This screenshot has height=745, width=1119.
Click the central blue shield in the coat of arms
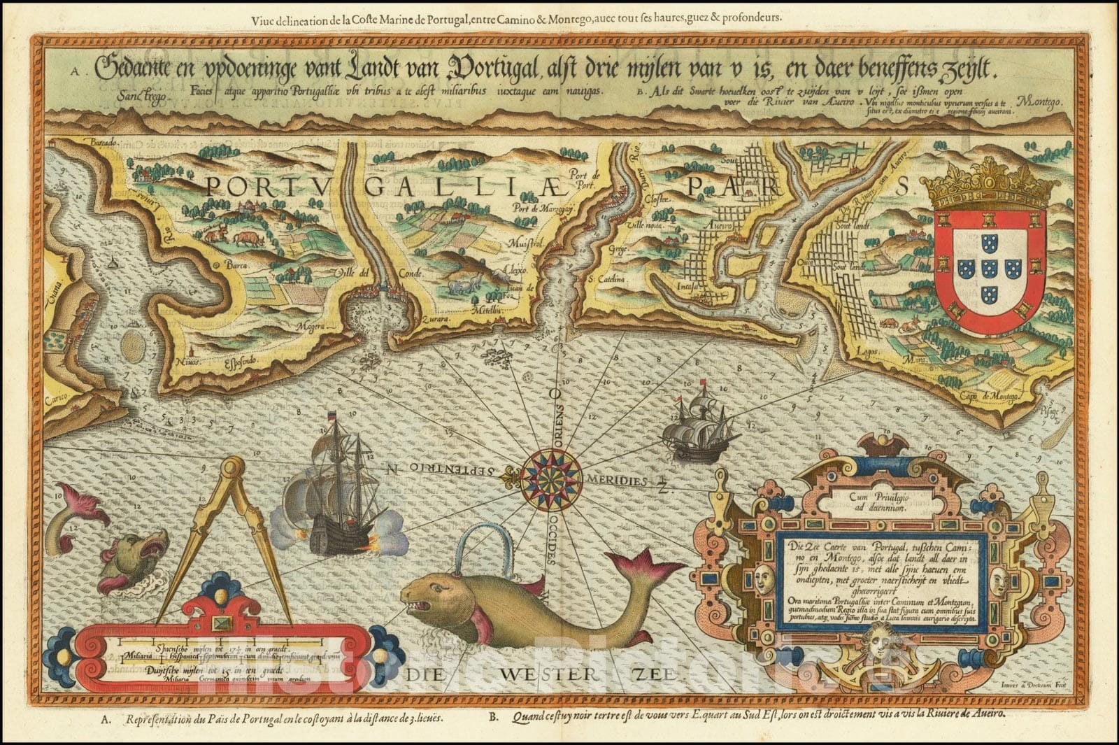pyautogui.click(x=990, y=268)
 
